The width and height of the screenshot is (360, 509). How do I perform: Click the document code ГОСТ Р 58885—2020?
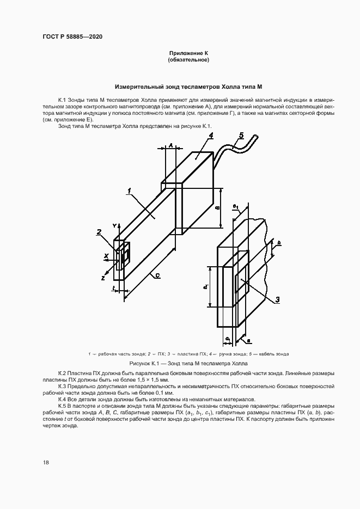(72, 36)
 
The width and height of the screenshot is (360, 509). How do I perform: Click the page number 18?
(46, 462)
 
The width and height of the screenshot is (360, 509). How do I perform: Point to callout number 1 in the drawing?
(129, 191)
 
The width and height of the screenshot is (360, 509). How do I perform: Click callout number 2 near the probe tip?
(99, 232)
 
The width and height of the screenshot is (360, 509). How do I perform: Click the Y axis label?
(114, 225)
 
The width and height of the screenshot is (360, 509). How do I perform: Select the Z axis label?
(103, 277)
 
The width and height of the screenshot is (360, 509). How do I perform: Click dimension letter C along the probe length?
(156, 277)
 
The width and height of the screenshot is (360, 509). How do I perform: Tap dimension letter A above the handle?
(170, 146)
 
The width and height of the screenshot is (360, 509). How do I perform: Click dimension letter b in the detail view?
(278, 242)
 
